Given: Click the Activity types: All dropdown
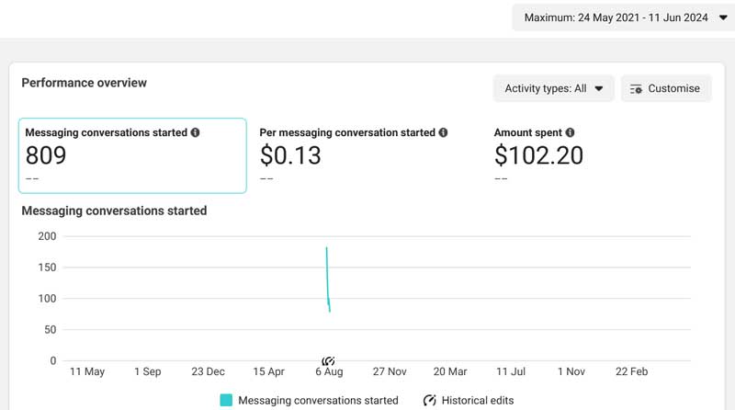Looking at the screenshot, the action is pyautogui.click(x=553, y=88).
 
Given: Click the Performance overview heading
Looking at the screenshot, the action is pyautogui.click(x=84, y=83).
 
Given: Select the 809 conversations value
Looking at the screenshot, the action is pyautogui.click(x=46, y=155).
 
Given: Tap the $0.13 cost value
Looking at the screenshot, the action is pyautogui.click(x=290, y=155).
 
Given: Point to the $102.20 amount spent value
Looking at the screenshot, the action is pyautogui.click(x=538, y=155).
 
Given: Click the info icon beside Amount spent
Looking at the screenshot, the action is pyautogui.click(x=570, y=132).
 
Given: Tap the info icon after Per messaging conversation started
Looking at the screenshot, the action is pyautogui.click(x=443, y=132).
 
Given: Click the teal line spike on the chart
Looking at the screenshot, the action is pyautogui.click(x=328, y=279).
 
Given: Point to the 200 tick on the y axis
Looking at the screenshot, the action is pyautogui.click(x=47, y=236).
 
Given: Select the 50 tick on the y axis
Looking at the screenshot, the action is pyautogui.click(x=51, y=330).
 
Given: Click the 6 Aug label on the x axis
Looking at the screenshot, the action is pyautogui.click(x=329, y=372).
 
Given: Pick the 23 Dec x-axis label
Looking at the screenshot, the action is pyautogui.click(x=208, y=372).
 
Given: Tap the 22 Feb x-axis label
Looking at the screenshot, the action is pyautogui.click(x=631, y=372).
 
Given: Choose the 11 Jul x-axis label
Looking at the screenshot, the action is pyautogui.click(x=511, y=372).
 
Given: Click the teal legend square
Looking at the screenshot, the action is pyautogui.click(x=226, y=400).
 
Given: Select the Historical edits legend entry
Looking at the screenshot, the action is pyautogui.click(x=469, y=401).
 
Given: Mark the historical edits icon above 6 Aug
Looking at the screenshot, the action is pyautogui.click(x=328, y=360).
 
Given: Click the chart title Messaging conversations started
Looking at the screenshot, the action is pyautogui.click(x=114, y=211).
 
